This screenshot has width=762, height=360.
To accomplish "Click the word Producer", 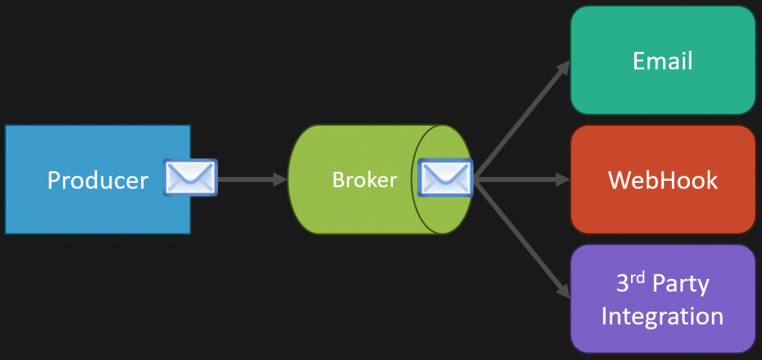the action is click(x=97, y=180).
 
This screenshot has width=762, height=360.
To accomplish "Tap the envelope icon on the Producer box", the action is click(x=190, y=177).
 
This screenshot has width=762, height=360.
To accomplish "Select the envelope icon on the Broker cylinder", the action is click(x=445, y=177).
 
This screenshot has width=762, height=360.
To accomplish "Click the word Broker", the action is click(x=365, y=180).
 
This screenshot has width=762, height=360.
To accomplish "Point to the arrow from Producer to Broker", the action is click(x=252, y=179).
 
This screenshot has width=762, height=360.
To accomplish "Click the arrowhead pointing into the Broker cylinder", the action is click(x=281, y=179).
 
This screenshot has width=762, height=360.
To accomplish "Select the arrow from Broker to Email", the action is click(x=522, y=120).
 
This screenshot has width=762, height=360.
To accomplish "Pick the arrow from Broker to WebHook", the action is click(x=522, y=180).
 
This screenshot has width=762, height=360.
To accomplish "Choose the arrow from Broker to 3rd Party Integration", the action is click(x=522, y=239).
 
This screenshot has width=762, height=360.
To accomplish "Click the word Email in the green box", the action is click(x=662, y=61).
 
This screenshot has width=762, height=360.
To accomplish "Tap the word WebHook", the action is click(x=663, y=180).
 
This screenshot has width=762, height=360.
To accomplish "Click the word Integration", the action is click(x=662, y=316).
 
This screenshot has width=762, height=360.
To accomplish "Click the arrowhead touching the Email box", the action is click(x=564, y=67).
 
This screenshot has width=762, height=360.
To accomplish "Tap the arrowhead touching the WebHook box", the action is click(x=564, y=180).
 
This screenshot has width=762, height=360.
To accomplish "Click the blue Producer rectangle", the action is click(x=97, y=179).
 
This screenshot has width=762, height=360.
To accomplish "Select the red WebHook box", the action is click(x=663, y=180).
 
